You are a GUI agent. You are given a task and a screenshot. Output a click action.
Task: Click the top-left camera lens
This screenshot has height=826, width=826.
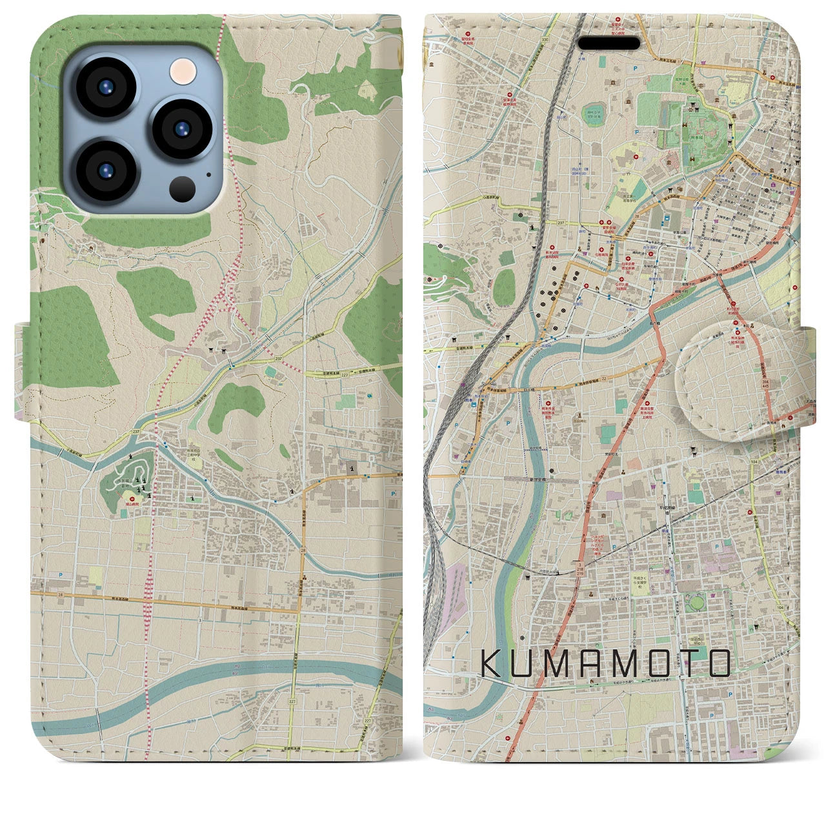(105, 88)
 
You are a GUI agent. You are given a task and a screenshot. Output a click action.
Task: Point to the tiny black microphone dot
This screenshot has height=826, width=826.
(208, 174)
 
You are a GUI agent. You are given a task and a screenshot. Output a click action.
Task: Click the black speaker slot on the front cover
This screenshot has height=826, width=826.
(609, 43)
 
